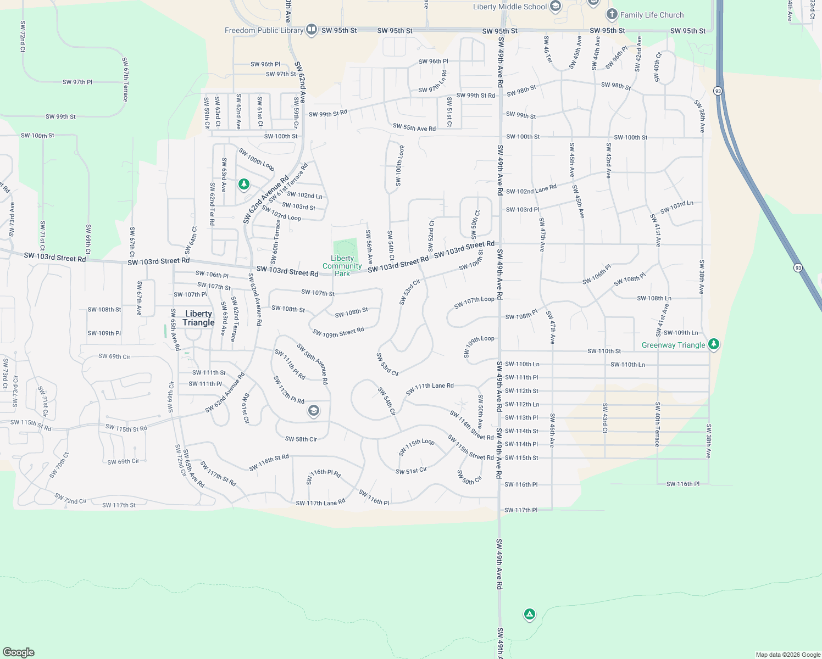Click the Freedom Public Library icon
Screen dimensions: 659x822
point(312,30)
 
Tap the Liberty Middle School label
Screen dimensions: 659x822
point(510,7)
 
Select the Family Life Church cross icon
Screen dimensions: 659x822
point(612,14)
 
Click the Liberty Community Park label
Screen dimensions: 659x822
point(342,266)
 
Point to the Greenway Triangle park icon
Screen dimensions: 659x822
point(713,344)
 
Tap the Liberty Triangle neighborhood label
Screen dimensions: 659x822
point(198,318)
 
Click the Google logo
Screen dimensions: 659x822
point(19,652)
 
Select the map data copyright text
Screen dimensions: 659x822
point(787,655)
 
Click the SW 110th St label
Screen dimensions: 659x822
point(604,351)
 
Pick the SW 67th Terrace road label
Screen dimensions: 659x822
point(125,80)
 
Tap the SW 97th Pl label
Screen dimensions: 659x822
point(77,82)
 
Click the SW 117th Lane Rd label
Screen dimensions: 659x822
point(320,502)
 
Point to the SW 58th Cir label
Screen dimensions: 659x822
point(301,439)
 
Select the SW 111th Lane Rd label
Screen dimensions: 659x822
point(430,389)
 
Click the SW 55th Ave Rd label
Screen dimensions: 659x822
point(414,127)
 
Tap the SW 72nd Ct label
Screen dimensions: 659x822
point(23,37)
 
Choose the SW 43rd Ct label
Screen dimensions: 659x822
point(604,418)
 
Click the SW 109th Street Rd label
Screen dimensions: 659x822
point(338,332)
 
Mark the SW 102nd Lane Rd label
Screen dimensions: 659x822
point(531,189)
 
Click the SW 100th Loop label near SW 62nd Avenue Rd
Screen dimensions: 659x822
point(257,159)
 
